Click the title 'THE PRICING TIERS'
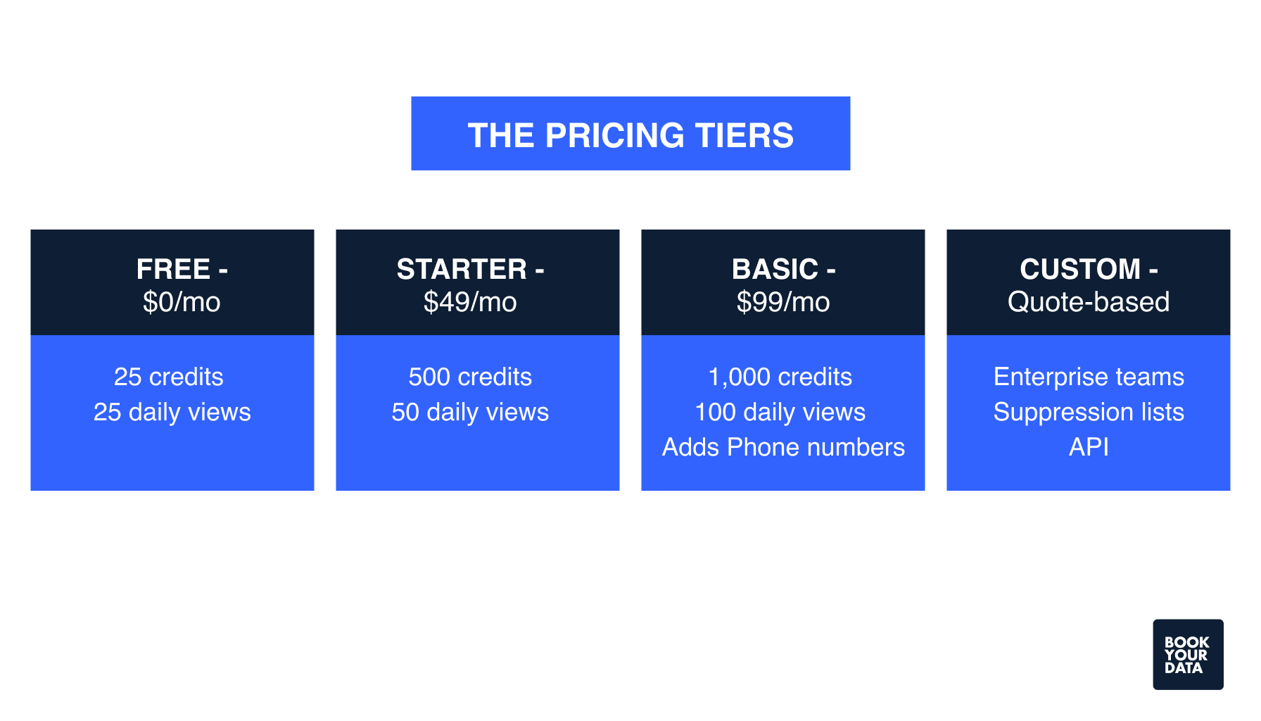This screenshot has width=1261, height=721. point(630,134)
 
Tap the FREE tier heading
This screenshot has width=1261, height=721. point(182,269)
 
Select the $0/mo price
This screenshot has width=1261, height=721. point(182,302)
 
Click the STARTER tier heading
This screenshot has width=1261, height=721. point(470,269)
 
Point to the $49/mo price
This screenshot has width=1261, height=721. point(470,302)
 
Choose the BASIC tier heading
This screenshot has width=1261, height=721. point(783,269)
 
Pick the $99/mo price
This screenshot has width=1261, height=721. point(783,302)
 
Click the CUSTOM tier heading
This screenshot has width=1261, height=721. point(1089,269)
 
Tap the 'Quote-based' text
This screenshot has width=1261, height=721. point(1089,302)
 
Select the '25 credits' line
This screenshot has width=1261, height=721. point(169,377)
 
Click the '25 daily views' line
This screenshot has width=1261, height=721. point(172,412)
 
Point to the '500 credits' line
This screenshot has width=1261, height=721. point(470,377)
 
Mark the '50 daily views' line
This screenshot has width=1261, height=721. point(470,412)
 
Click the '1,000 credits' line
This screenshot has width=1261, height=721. point(780,377)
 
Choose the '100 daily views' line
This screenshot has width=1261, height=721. point(780,412)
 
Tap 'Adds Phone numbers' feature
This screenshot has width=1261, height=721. point(783,447)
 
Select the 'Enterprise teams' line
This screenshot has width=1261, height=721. point(1089,377)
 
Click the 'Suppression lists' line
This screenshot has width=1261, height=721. point(1089,412)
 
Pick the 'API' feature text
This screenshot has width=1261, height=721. point(1089,447)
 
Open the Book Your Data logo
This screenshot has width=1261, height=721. point(1188,654)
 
